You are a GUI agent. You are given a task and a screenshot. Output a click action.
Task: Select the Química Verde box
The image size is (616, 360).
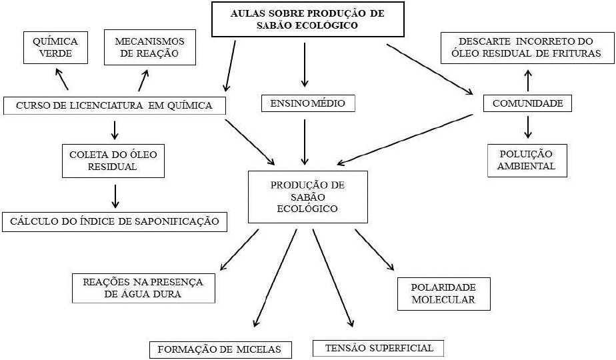tap(55, 47)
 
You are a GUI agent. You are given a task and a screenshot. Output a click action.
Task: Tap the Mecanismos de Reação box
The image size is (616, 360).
tap(149, 47)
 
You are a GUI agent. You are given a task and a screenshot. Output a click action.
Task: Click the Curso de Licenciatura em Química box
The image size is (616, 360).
tap(115, 105)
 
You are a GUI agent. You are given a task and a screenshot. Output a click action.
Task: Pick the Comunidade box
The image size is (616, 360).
tap(527, 103)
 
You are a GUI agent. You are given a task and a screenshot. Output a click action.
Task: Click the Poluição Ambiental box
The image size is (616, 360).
tap(527, 161)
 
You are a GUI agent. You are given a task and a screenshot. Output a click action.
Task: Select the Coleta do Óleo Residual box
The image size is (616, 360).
tap(113, 161)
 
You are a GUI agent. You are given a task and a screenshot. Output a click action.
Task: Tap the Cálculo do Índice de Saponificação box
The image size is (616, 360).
tap(115, 221)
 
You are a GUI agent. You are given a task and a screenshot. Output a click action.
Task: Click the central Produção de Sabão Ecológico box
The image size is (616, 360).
tap(307, 197)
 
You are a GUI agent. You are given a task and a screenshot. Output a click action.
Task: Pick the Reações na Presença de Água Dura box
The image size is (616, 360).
tap(143, 287)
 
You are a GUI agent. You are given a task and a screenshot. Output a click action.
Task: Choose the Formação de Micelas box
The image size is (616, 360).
tap(220, 349)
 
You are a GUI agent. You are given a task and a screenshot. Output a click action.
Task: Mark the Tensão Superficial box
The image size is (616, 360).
tap(378, 348)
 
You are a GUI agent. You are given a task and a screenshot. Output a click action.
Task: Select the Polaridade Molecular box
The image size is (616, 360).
tap(443, 293)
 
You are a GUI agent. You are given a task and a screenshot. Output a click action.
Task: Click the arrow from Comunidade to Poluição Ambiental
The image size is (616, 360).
tap(528, 127)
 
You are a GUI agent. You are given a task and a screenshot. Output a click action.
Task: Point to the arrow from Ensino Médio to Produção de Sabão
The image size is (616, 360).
tap(305, 141)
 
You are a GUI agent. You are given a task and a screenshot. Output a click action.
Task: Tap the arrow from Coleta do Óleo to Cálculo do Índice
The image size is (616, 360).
tap(115, 195)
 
